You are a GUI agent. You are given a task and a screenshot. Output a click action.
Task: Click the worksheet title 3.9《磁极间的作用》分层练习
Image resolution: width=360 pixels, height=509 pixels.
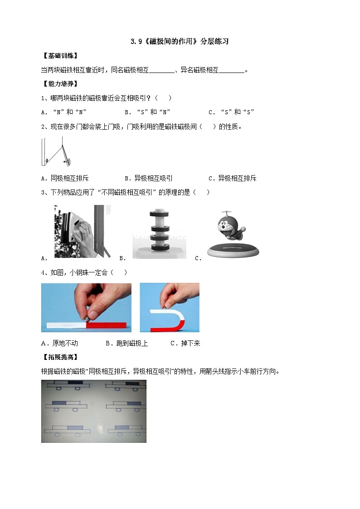point(180,42)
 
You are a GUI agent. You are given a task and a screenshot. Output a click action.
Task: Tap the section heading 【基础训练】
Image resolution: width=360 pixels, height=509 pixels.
point(59,56)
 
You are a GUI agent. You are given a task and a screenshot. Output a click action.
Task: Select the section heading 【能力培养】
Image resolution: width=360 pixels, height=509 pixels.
point(59,84)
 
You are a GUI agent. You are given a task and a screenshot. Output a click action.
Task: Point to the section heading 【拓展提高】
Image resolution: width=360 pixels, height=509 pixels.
point(59,357)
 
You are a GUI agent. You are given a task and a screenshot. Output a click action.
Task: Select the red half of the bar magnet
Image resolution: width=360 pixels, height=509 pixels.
point(109,325)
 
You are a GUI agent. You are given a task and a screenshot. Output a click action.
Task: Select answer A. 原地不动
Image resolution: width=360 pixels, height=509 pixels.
point(59,343)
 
